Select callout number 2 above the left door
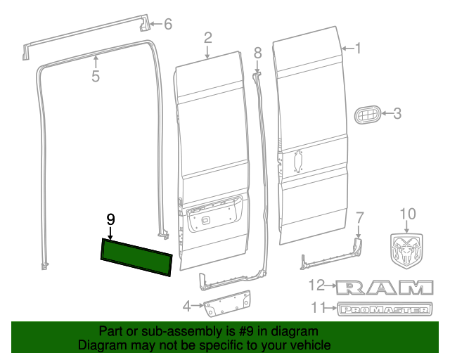(x=208, y=37)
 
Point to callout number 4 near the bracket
(x=186, y=306)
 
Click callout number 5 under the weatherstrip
(x=96, y=77)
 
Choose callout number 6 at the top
(x=167, y=25)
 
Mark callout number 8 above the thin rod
(x=257, y=52)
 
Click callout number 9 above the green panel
(x=110, y=219)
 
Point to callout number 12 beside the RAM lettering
(x=320, y=285)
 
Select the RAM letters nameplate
(x=384, y=286)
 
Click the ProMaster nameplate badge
(x=384, y=309)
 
